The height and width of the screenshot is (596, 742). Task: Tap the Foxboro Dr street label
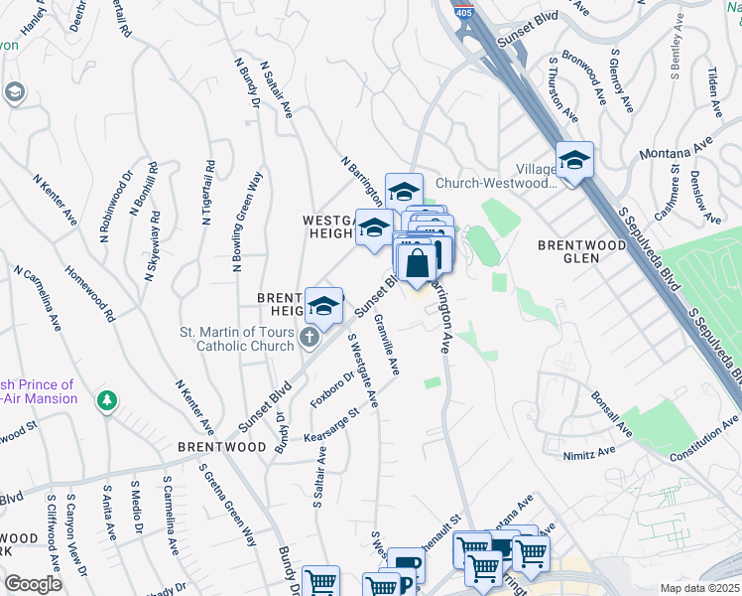point(333,390)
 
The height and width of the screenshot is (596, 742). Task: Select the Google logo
point(33,584)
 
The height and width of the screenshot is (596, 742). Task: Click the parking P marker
point(405,568)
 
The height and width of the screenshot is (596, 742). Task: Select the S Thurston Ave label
point(563,90)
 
